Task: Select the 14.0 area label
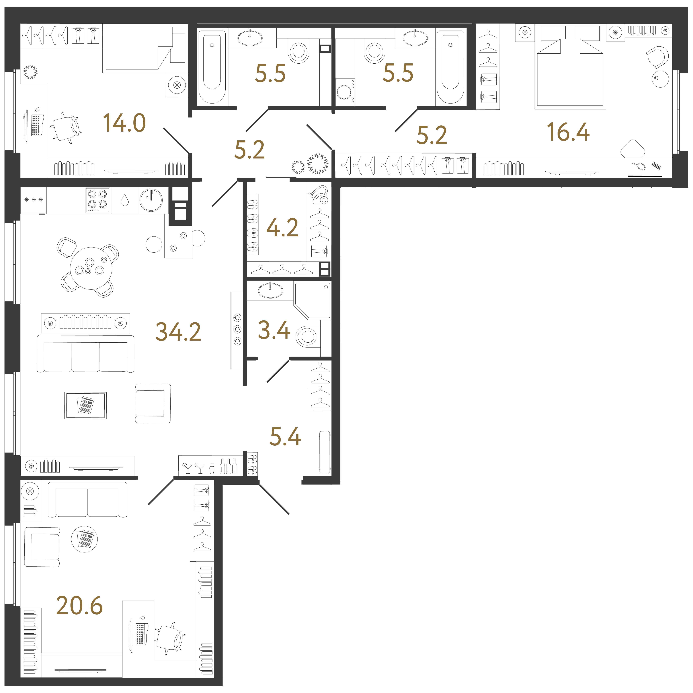point(124,123)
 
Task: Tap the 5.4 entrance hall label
point(285,437)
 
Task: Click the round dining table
point(91,268)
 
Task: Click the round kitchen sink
point(151,200)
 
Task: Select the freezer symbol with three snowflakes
point(33,200)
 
